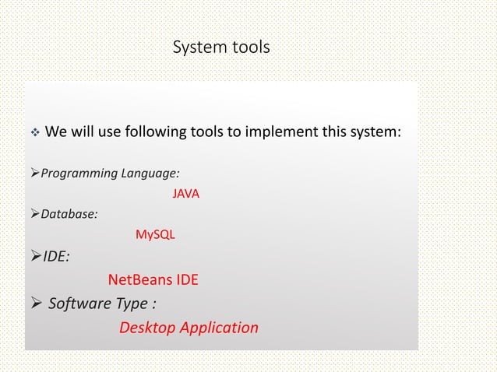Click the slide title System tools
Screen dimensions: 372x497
point(220,48)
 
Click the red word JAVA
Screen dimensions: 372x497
point(185,193)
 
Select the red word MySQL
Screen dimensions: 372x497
point(155,234)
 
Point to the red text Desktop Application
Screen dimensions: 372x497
point(189,328)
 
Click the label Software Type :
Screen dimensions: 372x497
point(97,303)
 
